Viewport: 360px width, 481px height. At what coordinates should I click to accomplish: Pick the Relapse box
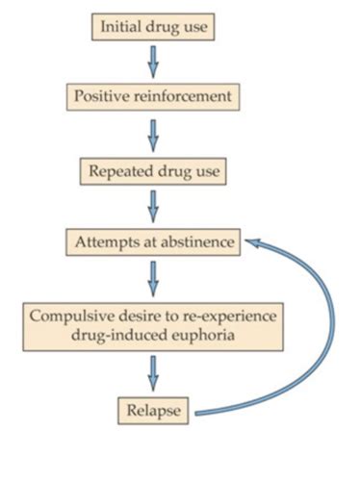click(x=154, y=411)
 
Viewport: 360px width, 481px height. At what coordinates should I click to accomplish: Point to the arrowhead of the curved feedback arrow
click(x=252, y=244)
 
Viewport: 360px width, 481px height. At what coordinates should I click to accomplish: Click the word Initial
click(x=120, y=25)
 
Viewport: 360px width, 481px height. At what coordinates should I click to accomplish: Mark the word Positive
click(x=101, y=97)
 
